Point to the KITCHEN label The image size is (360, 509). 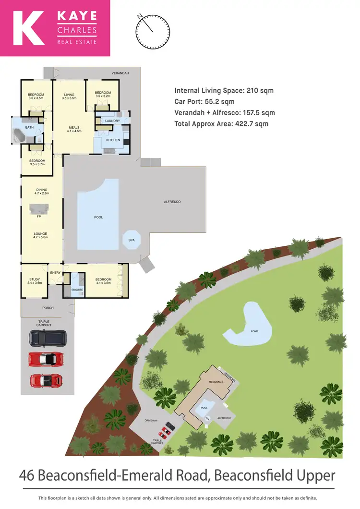tap(113, 140)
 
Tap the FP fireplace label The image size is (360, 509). tap(38, 216)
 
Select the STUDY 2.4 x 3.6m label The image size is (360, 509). tap(34, 281)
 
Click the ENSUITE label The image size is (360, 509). tap(77, 290)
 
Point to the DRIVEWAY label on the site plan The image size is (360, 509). tap(151, 421)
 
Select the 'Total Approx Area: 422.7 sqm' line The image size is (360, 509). tap(221, 124)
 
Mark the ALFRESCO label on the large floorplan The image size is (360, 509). tap(172, 202)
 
